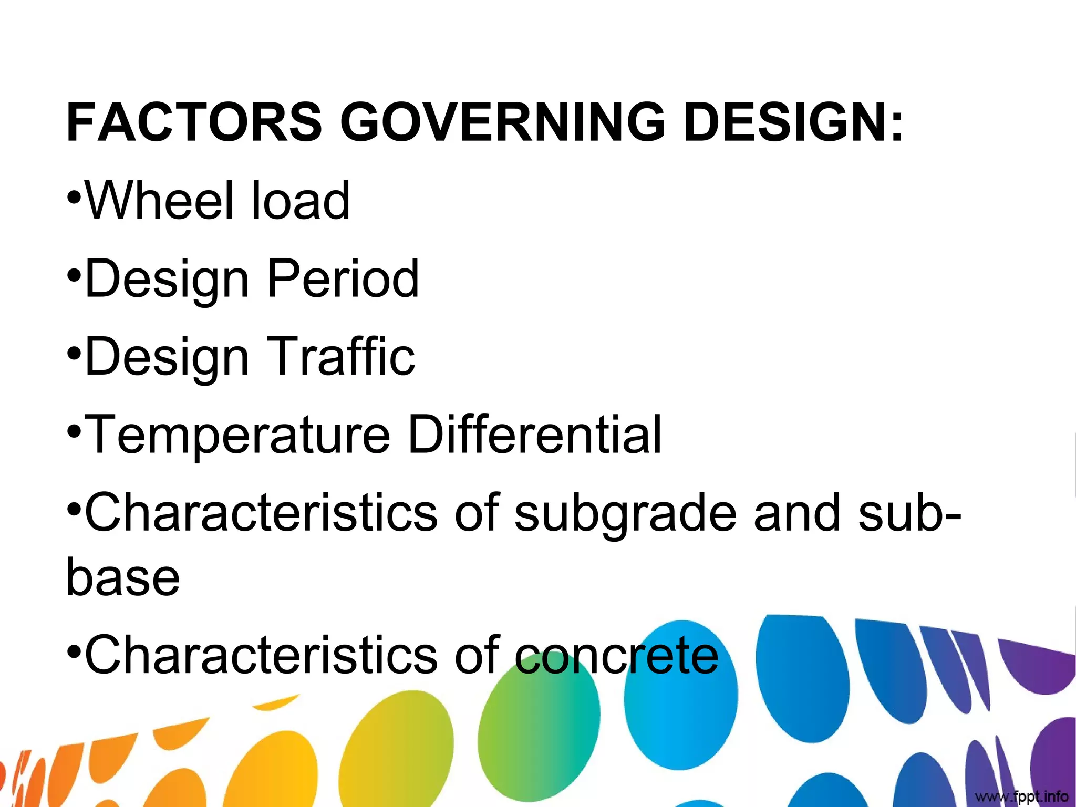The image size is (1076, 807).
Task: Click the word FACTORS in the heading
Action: (x=193, y=122)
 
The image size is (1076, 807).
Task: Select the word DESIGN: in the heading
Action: (x=793, y=122)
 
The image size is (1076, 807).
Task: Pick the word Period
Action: (x=343, y=278)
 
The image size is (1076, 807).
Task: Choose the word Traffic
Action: (x=341, y=356)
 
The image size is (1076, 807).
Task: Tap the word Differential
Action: (x=534, y=434)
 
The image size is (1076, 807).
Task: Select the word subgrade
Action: (x=625, y=513)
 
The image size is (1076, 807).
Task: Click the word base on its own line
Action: (x=123, y=577)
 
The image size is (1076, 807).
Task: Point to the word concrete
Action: (x=616, y=655)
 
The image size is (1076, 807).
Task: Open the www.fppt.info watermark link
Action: (x=1021, y=796)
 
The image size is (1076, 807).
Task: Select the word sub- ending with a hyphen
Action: (x=909, y=512)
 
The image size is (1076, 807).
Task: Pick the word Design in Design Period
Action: (x=167, y=280)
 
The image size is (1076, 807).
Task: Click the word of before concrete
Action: (x=476, y=655)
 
